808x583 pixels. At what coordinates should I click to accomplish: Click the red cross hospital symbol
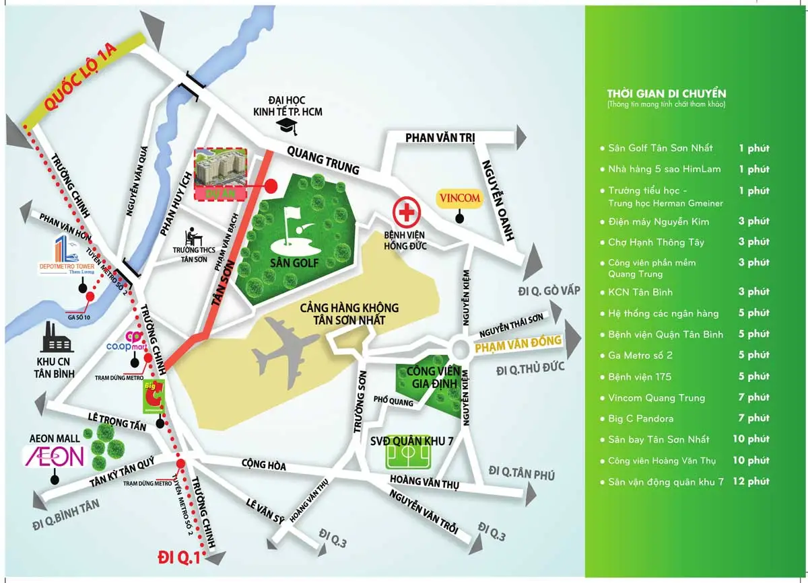click(x=406, y=213)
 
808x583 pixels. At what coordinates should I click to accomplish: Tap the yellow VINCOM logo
click(x=459, y=198)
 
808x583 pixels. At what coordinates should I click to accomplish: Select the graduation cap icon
click(x=288, y=125)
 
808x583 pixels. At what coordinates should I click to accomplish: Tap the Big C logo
click(x=153, y=397)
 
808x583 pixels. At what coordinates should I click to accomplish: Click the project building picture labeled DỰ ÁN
click(x=220, y=172)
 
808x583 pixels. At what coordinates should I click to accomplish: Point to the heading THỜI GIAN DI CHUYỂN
click(x=666, y=93)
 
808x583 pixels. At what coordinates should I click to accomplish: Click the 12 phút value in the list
click(x=751, y=481)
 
